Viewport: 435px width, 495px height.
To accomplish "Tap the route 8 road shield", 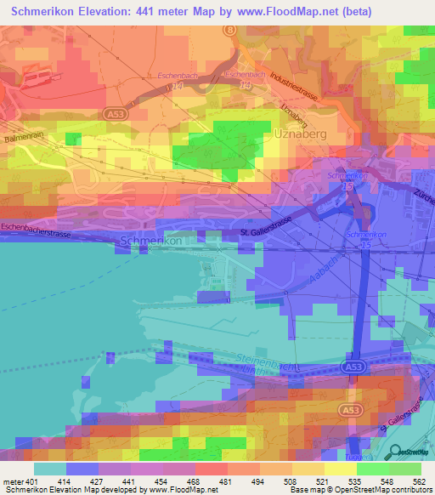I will tap(229, 29).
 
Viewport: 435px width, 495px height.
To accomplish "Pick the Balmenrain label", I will tap(22, 136).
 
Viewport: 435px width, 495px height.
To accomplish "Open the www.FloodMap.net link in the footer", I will tap(180, 491).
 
